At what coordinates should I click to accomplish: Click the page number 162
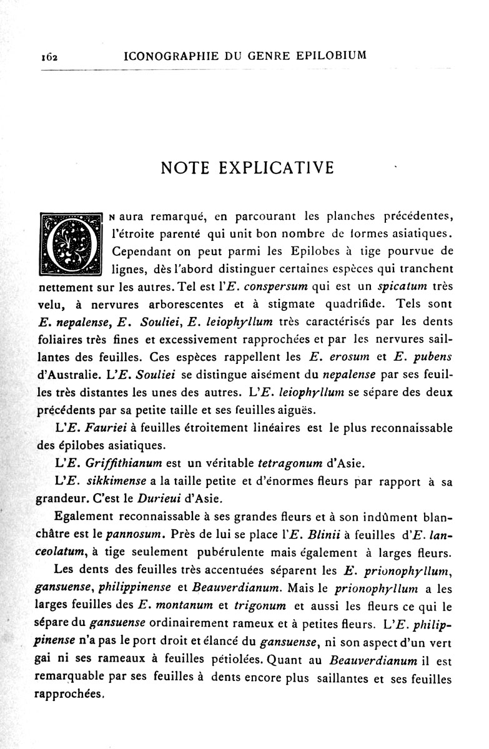point(47,57)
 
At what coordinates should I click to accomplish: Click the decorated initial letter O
point(70,243)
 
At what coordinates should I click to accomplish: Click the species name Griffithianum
point(118,463)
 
